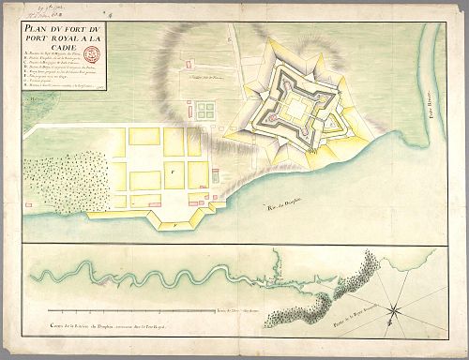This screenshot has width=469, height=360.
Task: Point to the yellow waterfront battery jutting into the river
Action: (175, 224)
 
